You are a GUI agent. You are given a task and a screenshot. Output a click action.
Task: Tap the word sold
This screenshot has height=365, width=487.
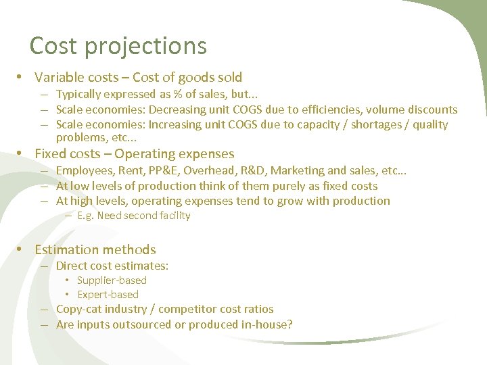(x=227, y=78)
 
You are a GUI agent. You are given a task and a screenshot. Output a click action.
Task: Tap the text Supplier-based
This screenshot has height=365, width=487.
(x=112, y=280)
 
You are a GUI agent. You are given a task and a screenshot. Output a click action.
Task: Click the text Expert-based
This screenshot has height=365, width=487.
(x=108, y=295)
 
